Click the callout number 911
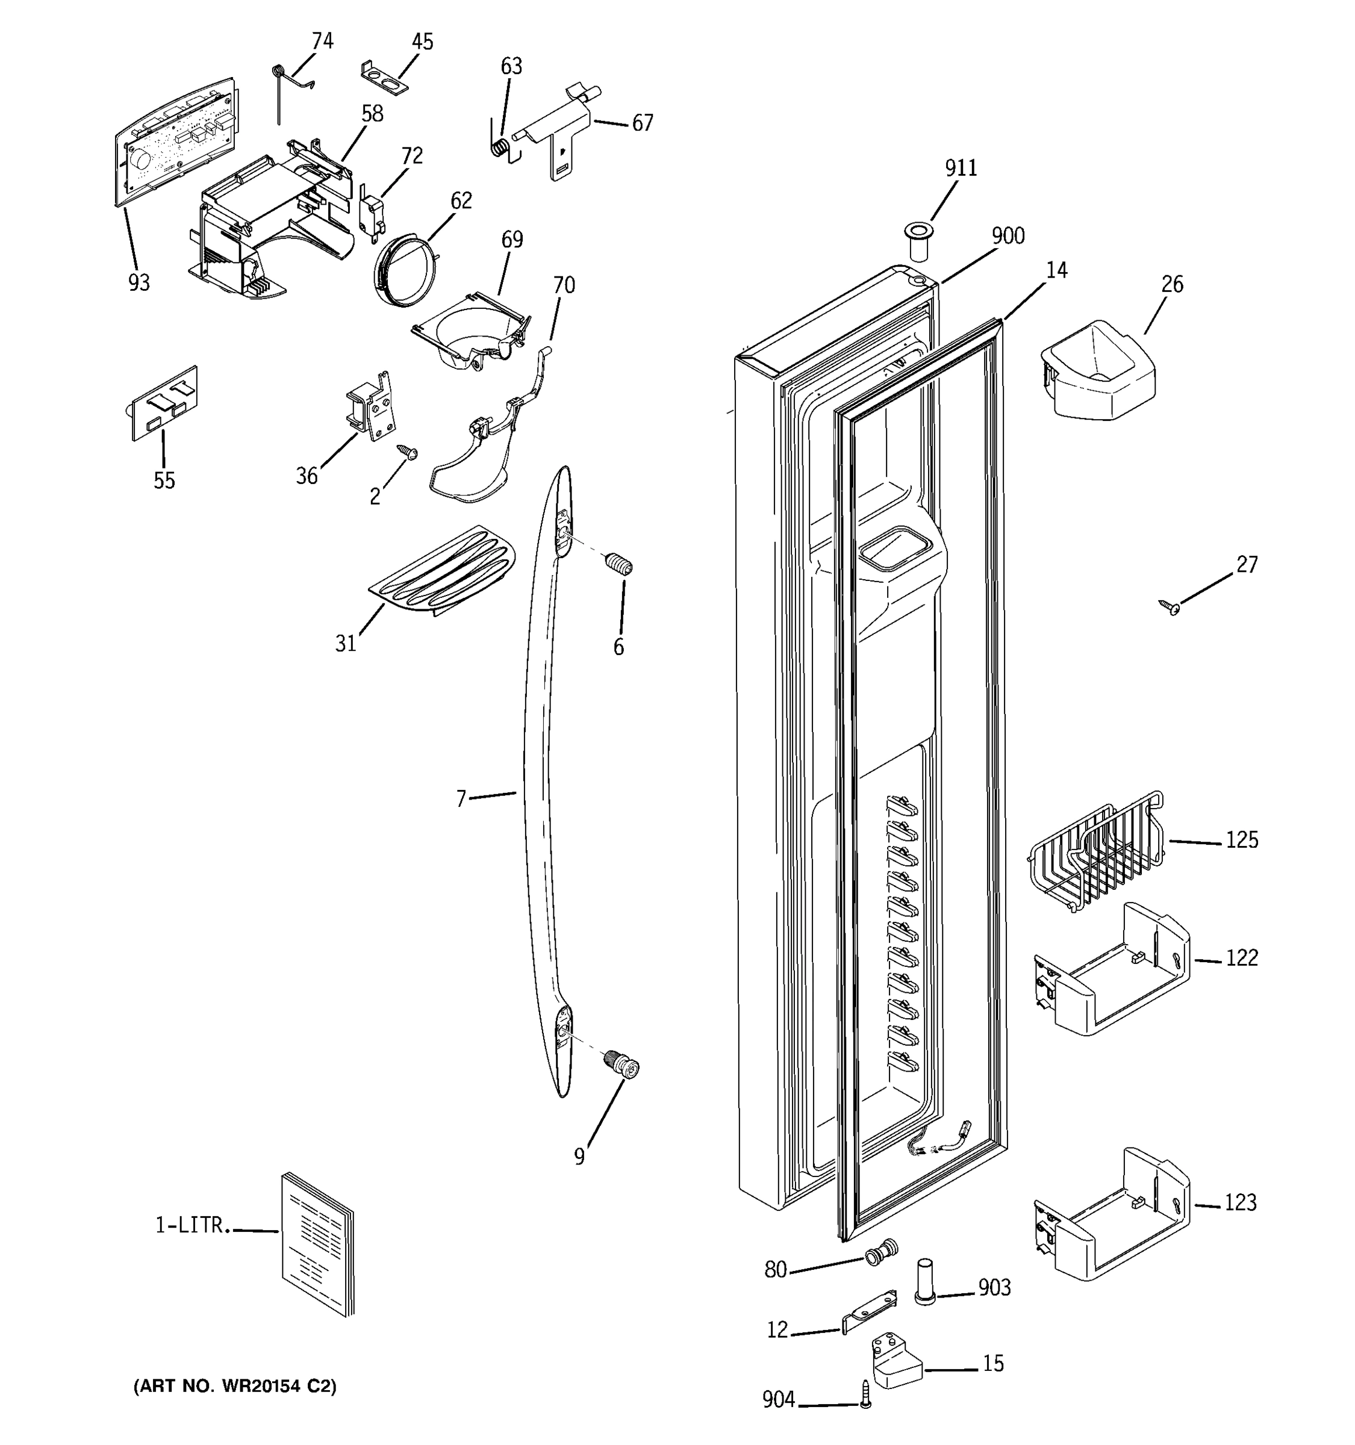(961, 168)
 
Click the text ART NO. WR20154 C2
(235, 1386)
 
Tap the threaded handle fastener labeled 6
(619, 564)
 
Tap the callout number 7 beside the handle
(460, 799)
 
